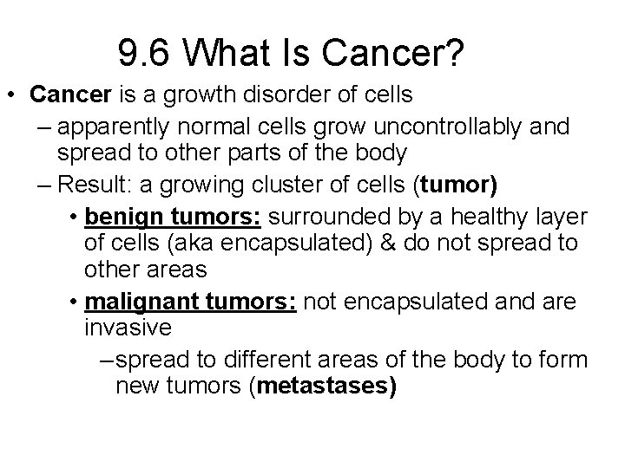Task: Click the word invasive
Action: click(128, 328)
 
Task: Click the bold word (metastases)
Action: click(322, 387)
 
